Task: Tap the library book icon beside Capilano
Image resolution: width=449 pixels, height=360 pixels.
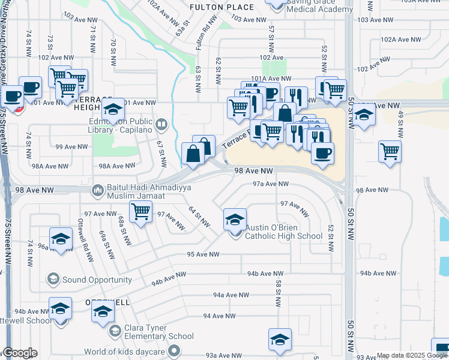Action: click(x=161, y=125)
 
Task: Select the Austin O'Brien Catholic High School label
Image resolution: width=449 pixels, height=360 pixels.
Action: click(x=283, y=232)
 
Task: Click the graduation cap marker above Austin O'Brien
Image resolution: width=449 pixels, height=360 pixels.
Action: click(x=235, y=220)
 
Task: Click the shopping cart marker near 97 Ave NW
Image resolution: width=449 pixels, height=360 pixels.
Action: click(x=140, y=211)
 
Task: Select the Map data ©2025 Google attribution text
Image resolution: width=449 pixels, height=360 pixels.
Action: click(x=412, y=355)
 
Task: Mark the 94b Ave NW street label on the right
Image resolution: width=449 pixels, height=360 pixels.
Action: click(x=376, y=273)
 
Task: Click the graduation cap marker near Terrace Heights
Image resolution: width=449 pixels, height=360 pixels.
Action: click(x=112, y=109)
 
